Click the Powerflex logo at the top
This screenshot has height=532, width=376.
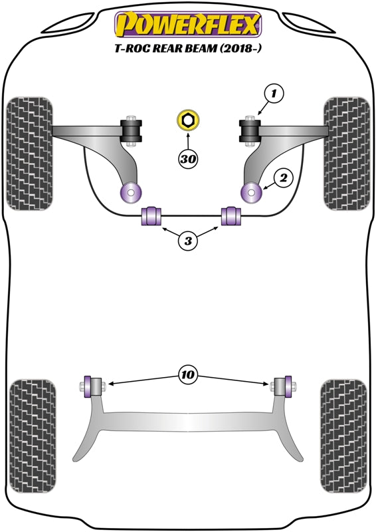pyautogui.click(x=188, y=25)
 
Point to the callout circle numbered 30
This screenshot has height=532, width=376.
pyautogui.click(x=188, y=159)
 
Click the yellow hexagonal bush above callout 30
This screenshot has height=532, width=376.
pyautogui.click(x=189, y=121)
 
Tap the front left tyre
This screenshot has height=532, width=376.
pyautogui.click(x=29, y=153)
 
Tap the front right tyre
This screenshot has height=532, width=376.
pyautogui.click(x=345, y=153)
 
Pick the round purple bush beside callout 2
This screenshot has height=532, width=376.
pyautogui.click(x=253, y=192)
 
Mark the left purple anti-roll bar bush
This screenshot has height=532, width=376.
pyautogui.click(x=153, y=216)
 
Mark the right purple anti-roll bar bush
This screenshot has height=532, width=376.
pyautogui.click(x=231, y=216)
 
